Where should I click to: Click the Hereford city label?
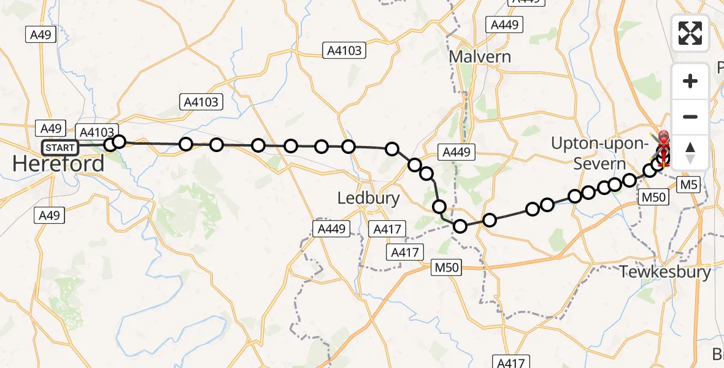click(58, 164)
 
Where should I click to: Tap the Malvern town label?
click(480, 56)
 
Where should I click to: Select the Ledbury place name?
click(369, 198)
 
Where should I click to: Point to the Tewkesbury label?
click(666, 272)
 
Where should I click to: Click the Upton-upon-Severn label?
click(600, 153)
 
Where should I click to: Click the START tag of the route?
click(61, 148)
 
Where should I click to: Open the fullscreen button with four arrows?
click(690, 33)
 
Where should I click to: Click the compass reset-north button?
click(690, 153)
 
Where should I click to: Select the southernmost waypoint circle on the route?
click(460, 227)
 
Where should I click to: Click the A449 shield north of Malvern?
click(505, 25)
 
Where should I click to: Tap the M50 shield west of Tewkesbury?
click(446, 267)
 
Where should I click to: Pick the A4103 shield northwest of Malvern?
click(345, 51)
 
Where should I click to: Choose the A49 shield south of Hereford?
click(50, 215)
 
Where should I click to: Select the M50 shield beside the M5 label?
click(653, 197)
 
